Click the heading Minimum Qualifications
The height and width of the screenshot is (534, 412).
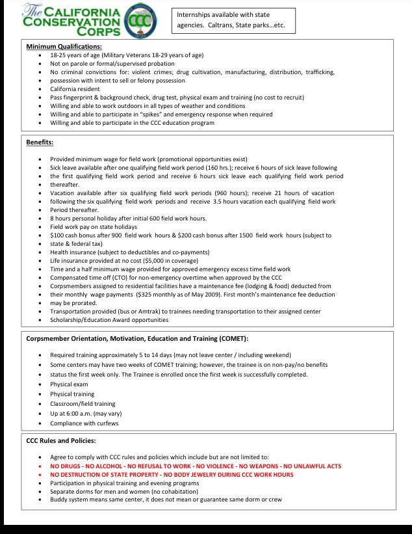click(64, 47)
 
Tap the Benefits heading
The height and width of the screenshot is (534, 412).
click(40, 142)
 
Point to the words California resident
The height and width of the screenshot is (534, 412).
click(73, 89)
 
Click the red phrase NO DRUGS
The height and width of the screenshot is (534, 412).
click(66, 466)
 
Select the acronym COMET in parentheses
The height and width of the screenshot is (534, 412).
click(229, 339)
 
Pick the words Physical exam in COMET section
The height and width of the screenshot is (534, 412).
click(68, 384)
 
